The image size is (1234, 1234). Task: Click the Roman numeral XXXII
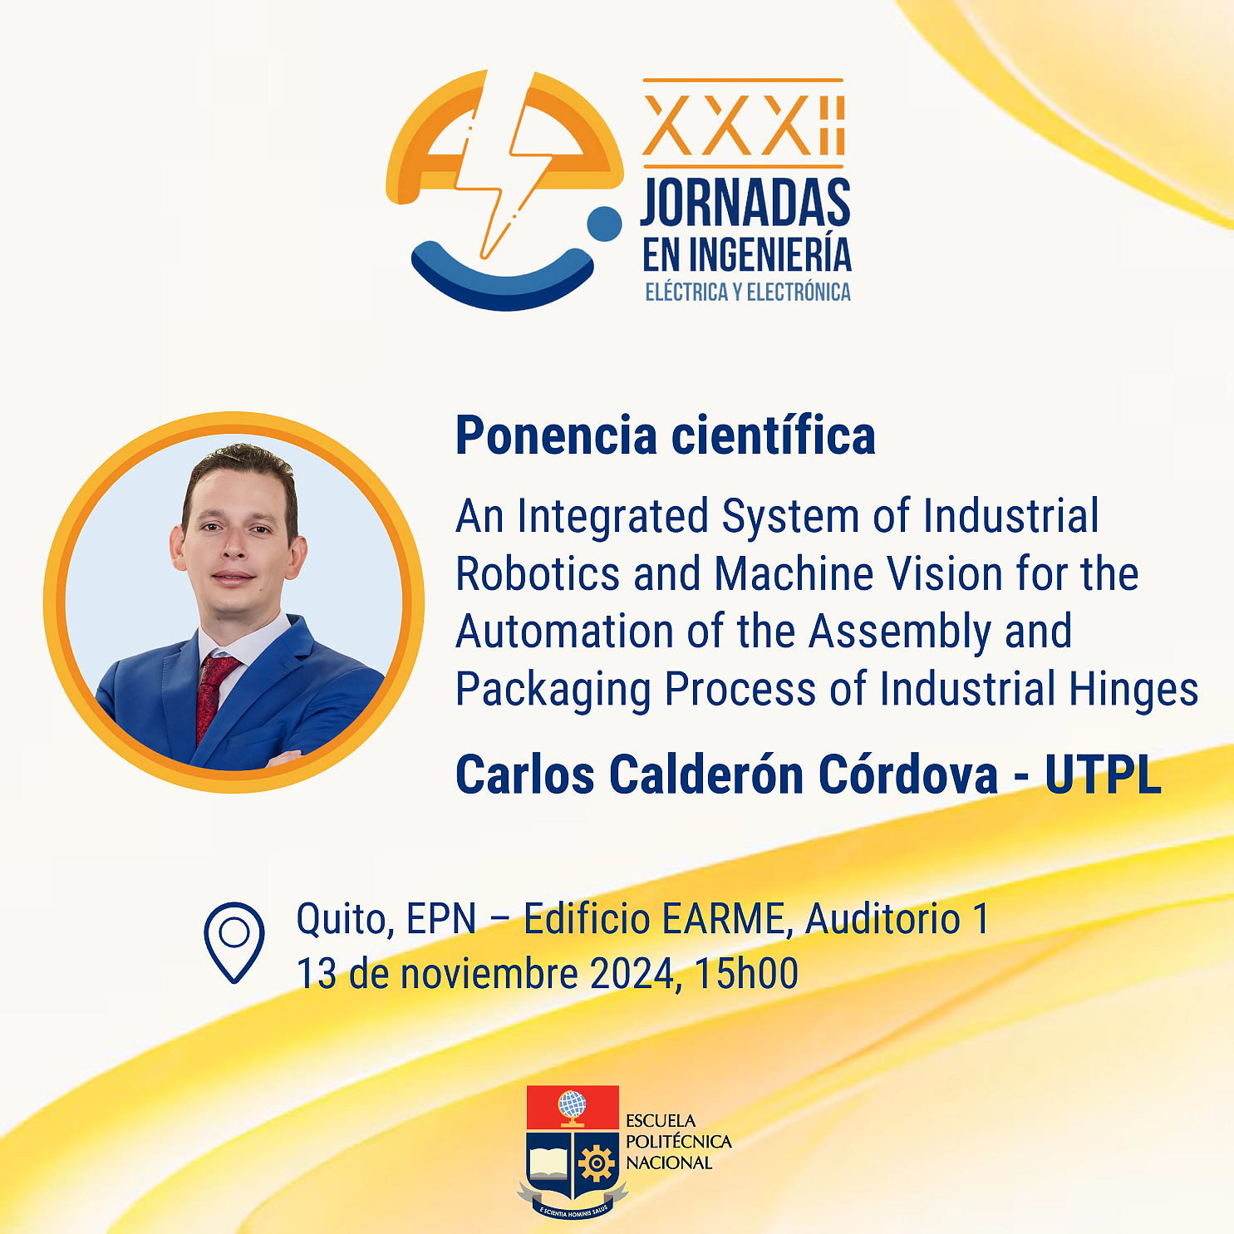click(744, 125)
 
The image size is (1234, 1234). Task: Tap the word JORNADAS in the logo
click(745, 202)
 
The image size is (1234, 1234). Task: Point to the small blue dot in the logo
click(604, 224)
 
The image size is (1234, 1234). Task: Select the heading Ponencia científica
click(666, 435)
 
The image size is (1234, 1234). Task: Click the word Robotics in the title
click(538, 574)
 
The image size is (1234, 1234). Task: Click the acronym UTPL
click(1103, 775)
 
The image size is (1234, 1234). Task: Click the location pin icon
click(234, 942)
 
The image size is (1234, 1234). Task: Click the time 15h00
click(746, 974)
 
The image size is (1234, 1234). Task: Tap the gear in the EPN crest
click(597, 1163)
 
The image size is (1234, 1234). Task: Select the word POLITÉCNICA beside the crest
click(678, 1142)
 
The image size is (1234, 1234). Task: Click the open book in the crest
click(548, 1163)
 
